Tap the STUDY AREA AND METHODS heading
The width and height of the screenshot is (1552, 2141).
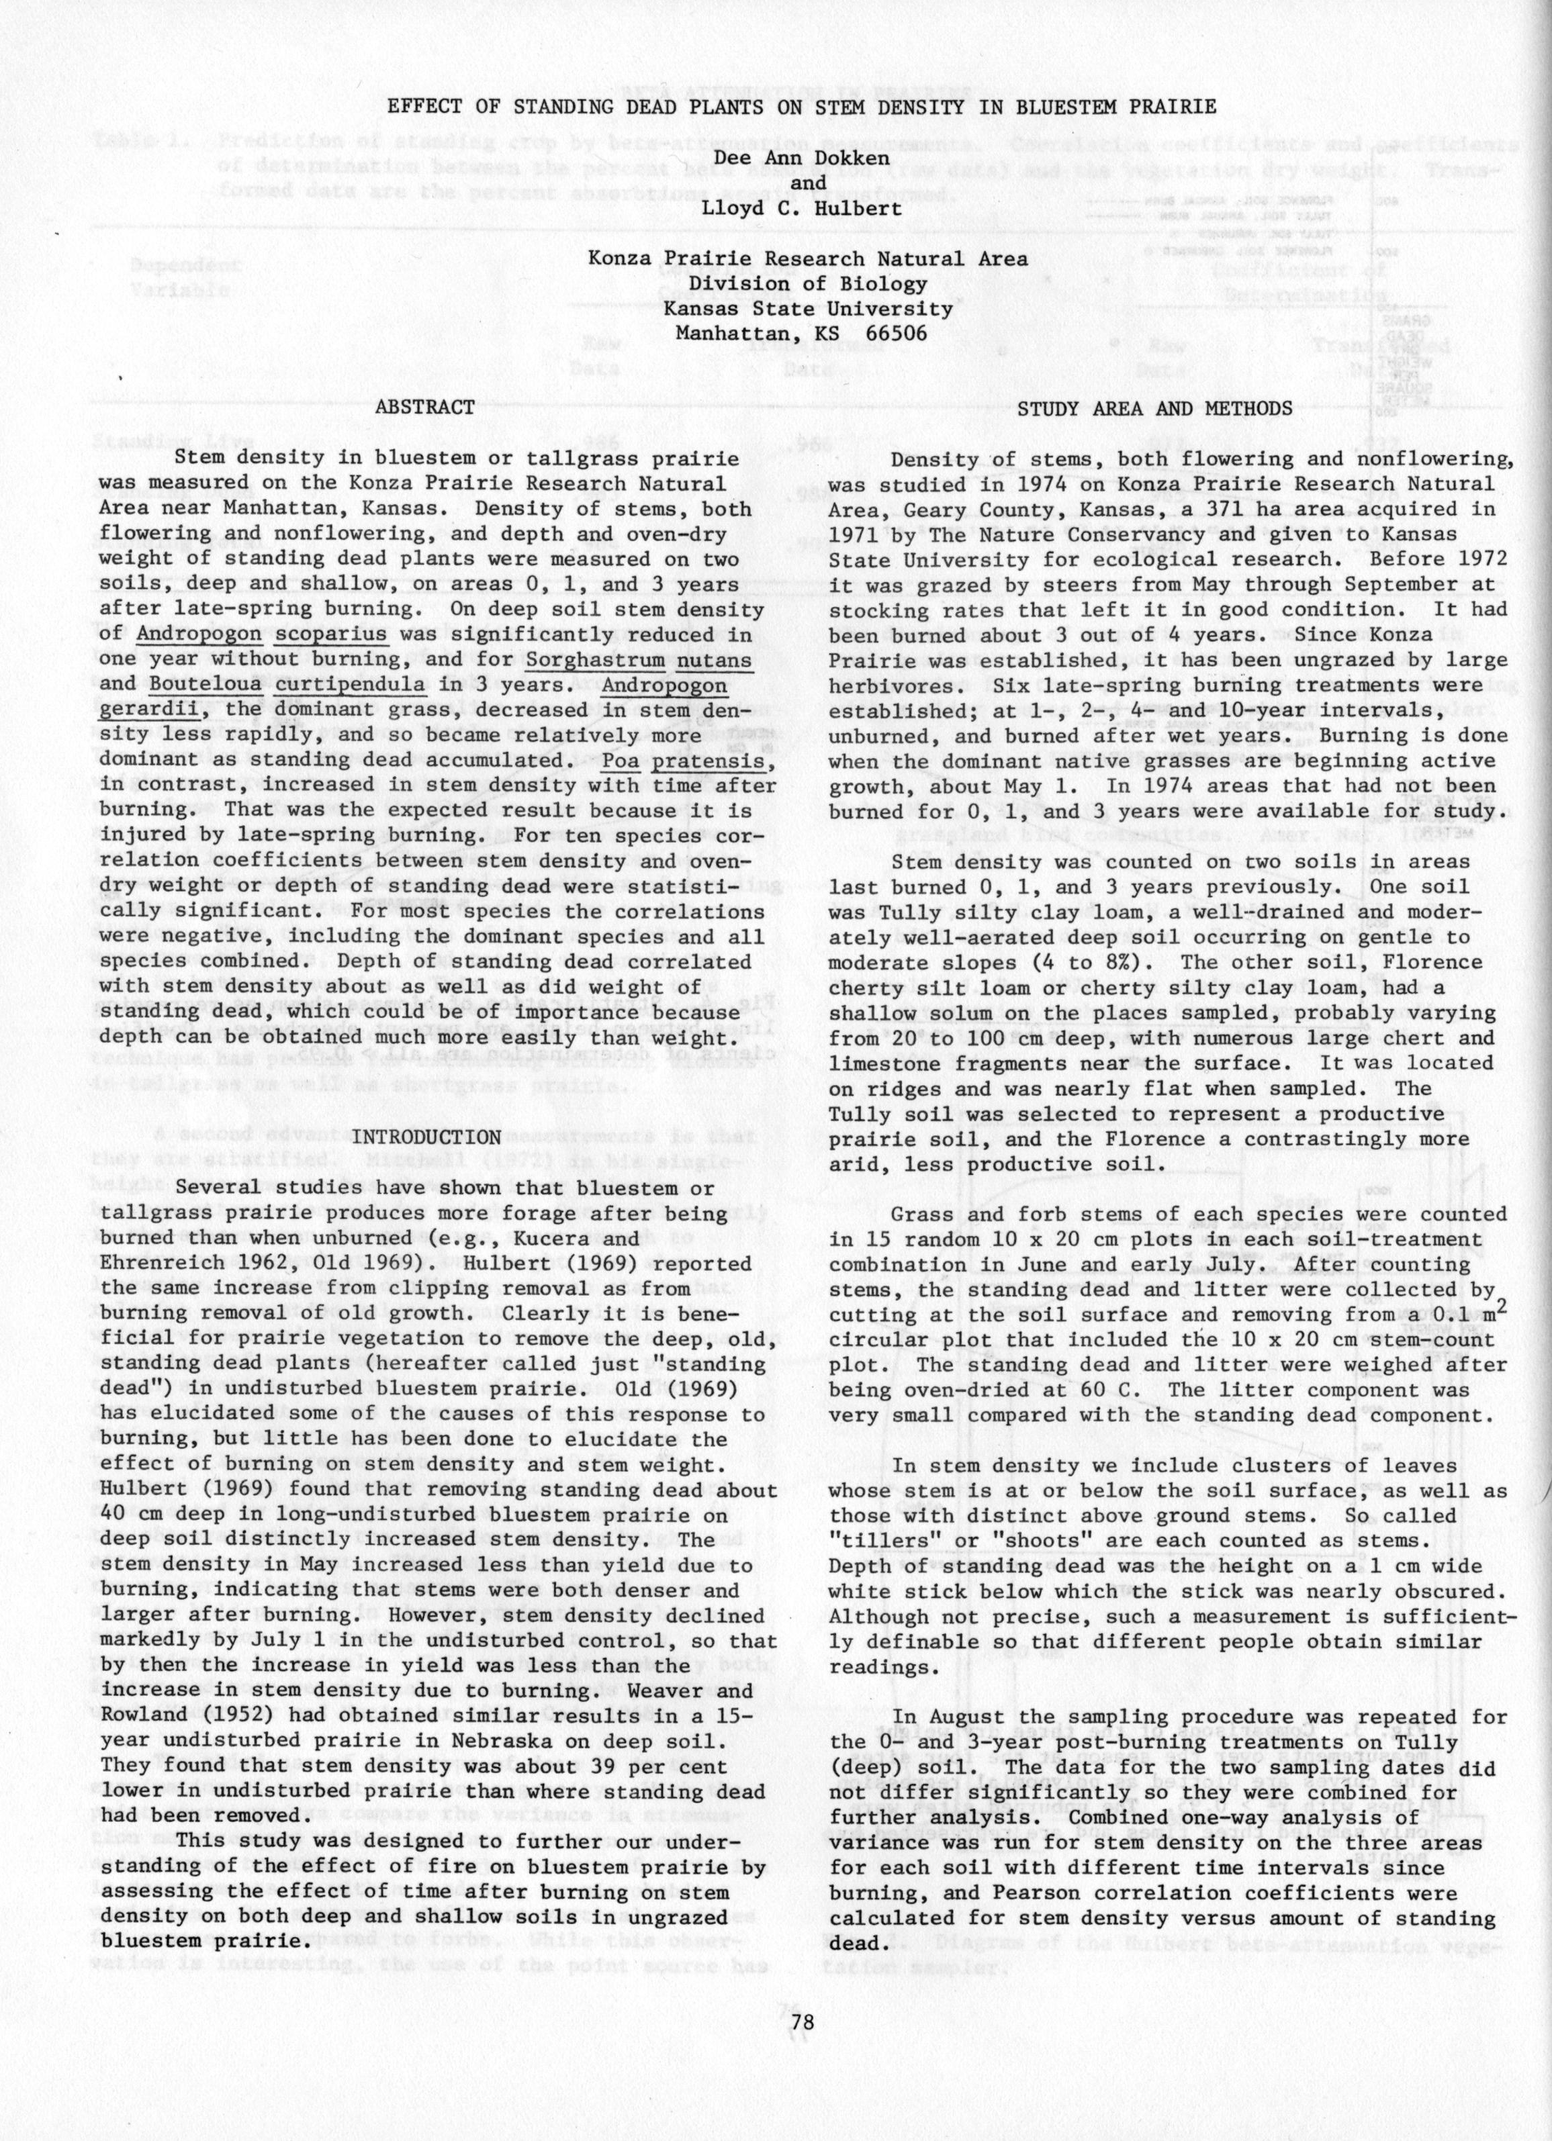1154,409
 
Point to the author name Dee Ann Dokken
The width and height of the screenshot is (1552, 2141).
801,158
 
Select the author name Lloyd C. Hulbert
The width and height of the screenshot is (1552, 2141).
801,207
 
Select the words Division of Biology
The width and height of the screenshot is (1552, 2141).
807,283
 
